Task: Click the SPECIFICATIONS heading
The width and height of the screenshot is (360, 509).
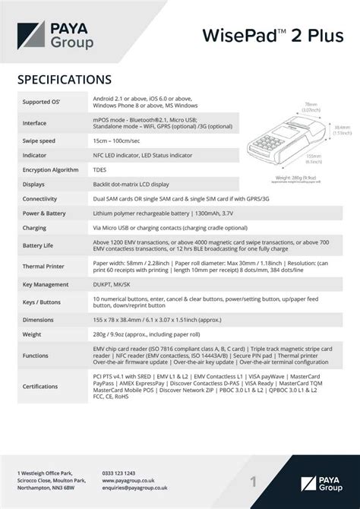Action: click(65, 78)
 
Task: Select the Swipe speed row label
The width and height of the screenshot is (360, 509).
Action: click(39, 141)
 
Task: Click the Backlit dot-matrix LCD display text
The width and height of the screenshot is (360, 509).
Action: click(131, 184)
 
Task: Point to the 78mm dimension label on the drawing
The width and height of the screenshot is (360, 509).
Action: click(311, 106)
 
